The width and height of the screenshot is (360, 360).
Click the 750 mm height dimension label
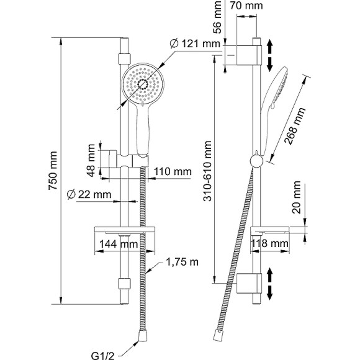(x=53, y=170)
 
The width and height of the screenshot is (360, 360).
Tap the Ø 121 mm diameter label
(x=195, y=43)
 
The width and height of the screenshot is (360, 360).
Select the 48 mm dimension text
(x=91, y=160)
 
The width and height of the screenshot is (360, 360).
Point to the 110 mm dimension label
(x=173, y=171)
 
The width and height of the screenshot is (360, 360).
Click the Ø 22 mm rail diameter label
(x=89, y=195)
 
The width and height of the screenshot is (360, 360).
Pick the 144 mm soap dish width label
(x=119, y=244)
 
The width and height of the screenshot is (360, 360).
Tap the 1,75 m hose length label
(x=182, y=262)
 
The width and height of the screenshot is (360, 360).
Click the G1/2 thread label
(x=102, y=356)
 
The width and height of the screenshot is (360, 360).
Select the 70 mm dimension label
(x=246, y=6)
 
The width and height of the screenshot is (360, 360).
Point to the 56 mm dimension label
(x=217, y=17)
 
